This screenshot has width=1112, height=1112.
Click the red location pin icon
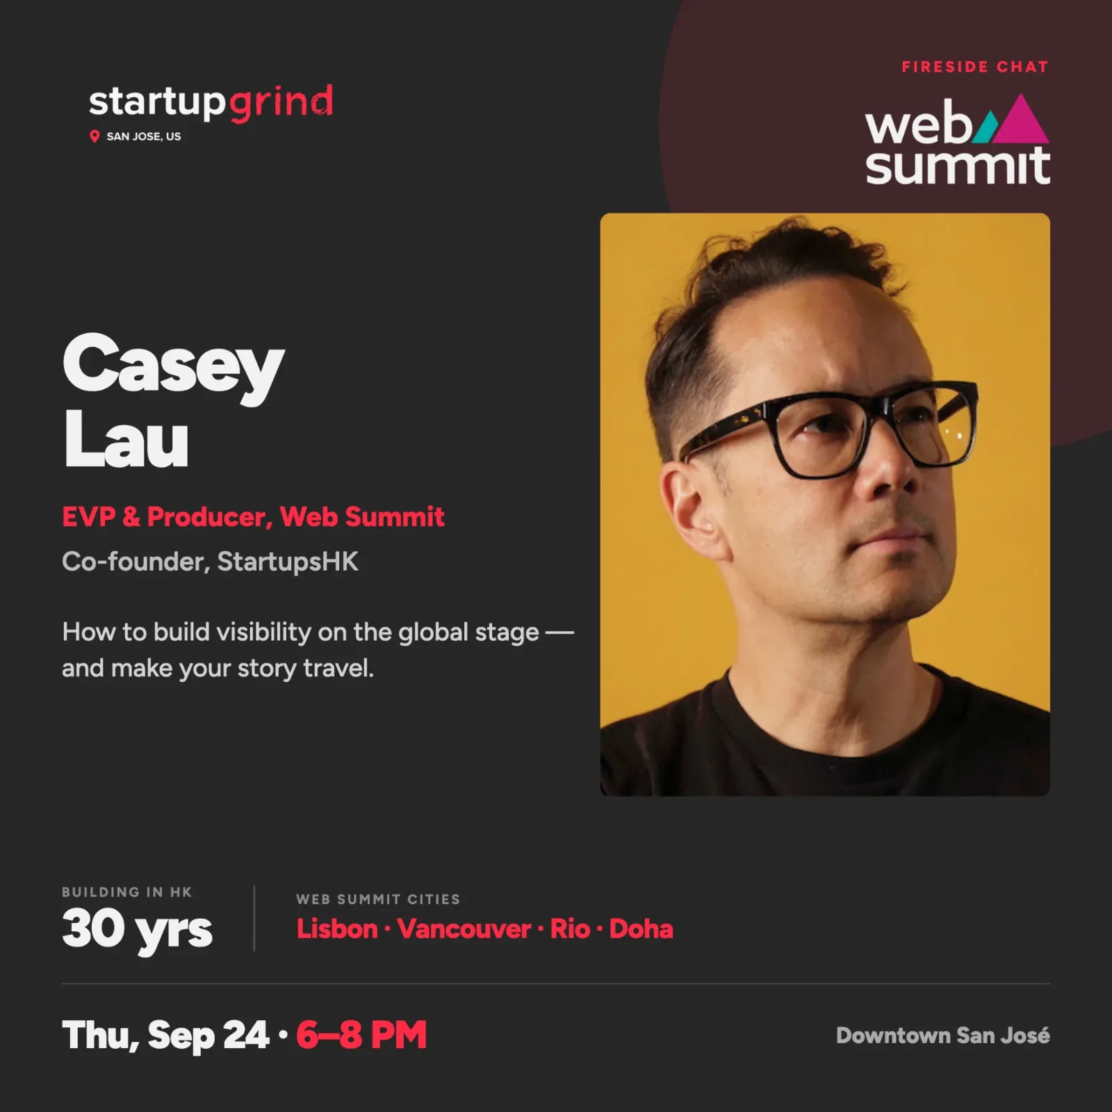pyautogui.click(x=95, y=136)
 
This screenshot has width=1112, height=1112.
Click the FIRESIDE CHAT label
pyautogui.click(x=974, y=67)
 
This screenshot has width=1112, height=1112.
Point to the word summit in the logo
pyautogui.click(x=958, y=166)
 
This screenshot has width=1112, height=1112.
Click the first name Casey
pyautogui.click(x=174, y=366)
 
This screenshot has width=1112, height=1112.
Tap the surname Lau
pyautogui.click(x=126, y=440)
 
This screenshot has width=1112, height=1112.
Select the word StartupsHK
pyautogui.click(x=288, y=562)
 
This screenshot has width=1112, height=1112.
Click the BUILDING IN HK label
pyautogui.click(x=126, y=892)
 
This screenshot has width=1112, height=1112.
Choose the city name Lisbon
pyautogui.click(x=337, y=929)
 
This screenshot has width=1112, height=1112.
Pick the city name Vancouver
pyautogui.click(x=464, y=929)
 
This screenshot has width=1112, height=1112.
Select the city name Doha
pyautogui.click(x=641, y=929)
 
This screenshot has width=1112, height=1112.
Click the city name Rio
pyautogui.click(x=571, y=929)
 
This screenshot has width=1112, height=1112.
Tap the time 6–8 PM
pyautogui.click(x=361, y=1035)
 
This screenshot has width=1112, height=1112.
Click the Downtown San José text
pyautogui.click(x=943, y=1036)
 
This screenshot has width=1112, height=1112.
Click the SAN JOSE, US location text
pyautogui.click(x=144, y=137)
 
